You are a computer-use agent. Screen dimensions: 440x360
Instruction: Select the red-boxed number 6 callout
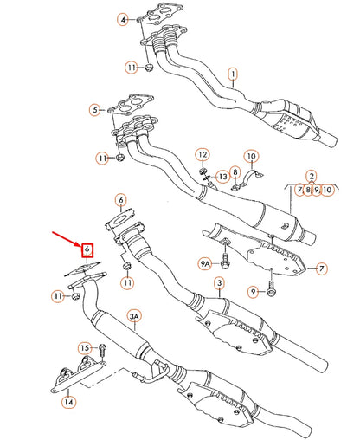(x=87, y=252)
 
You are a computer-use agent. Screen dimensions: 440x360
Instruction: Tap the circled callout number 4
(x=124, y=19)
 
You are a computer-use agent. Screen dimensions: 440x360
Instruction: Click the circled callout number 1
(x=232, y=75)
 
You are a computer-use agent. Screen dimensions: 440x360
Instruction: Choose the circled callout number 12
(x=202, y=155)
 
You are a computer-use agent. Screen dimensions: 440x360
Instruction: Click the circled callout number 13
(x=222, y=177)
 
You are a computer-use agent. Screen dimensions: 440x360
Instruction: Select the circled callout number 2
(x=311, y=176)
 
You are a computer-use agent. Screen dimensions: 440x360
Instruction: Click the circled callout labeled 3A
(x=135, y=318)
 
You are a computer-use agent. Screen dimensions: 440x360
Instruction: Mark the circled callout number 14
(x=70, y=401)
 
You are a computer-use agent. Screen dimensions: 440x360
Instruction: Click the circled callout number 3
(x=220, y=284)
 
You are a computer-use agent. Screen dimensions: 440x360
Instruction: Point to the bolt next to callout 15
(x=102, y=352)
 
